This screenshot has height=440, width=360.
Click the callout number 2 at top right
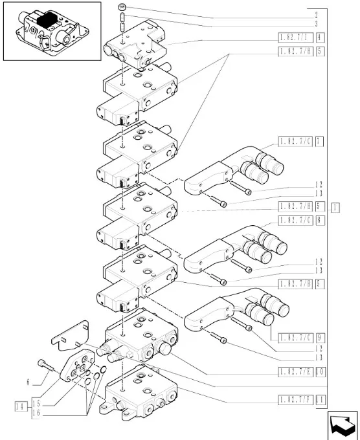pos(315,14)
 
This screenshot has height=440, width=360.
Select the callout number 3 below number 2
pos(315,24)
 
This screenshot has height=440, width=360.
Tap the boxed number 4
pos(321,37)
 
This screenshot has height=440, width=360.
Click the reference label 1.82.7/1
pos(295,37)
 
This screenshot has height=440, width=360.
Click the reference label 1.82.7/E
pos(295,372)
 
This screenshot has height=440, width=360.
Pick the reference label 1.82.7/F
pos(295,399)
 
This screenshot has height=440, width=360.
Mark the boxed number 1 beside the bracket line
pos(335,208)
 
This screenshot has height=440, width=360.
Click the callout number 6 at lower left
pos(29,382)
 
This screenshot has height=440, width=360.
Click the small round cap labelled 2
pos(122,7)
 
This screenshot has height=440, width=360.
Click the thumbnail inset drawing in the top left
pos(52,31)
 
